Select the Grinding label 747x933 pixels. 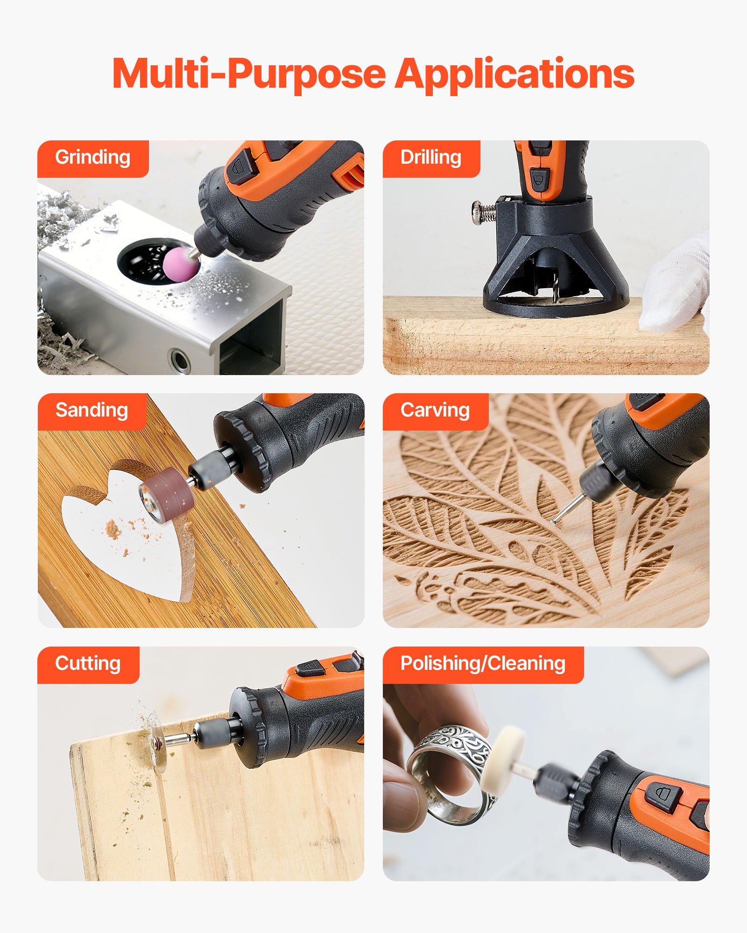coord(92,158)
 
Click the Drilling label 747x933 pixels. coord(430,158)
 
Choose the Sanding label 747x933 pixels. coord(92,411)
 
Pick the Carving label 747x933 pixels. coord(435,411)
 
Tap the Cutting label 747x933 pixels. coord(88,664)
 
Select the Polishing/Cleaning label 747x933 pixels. coord(483,664)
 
